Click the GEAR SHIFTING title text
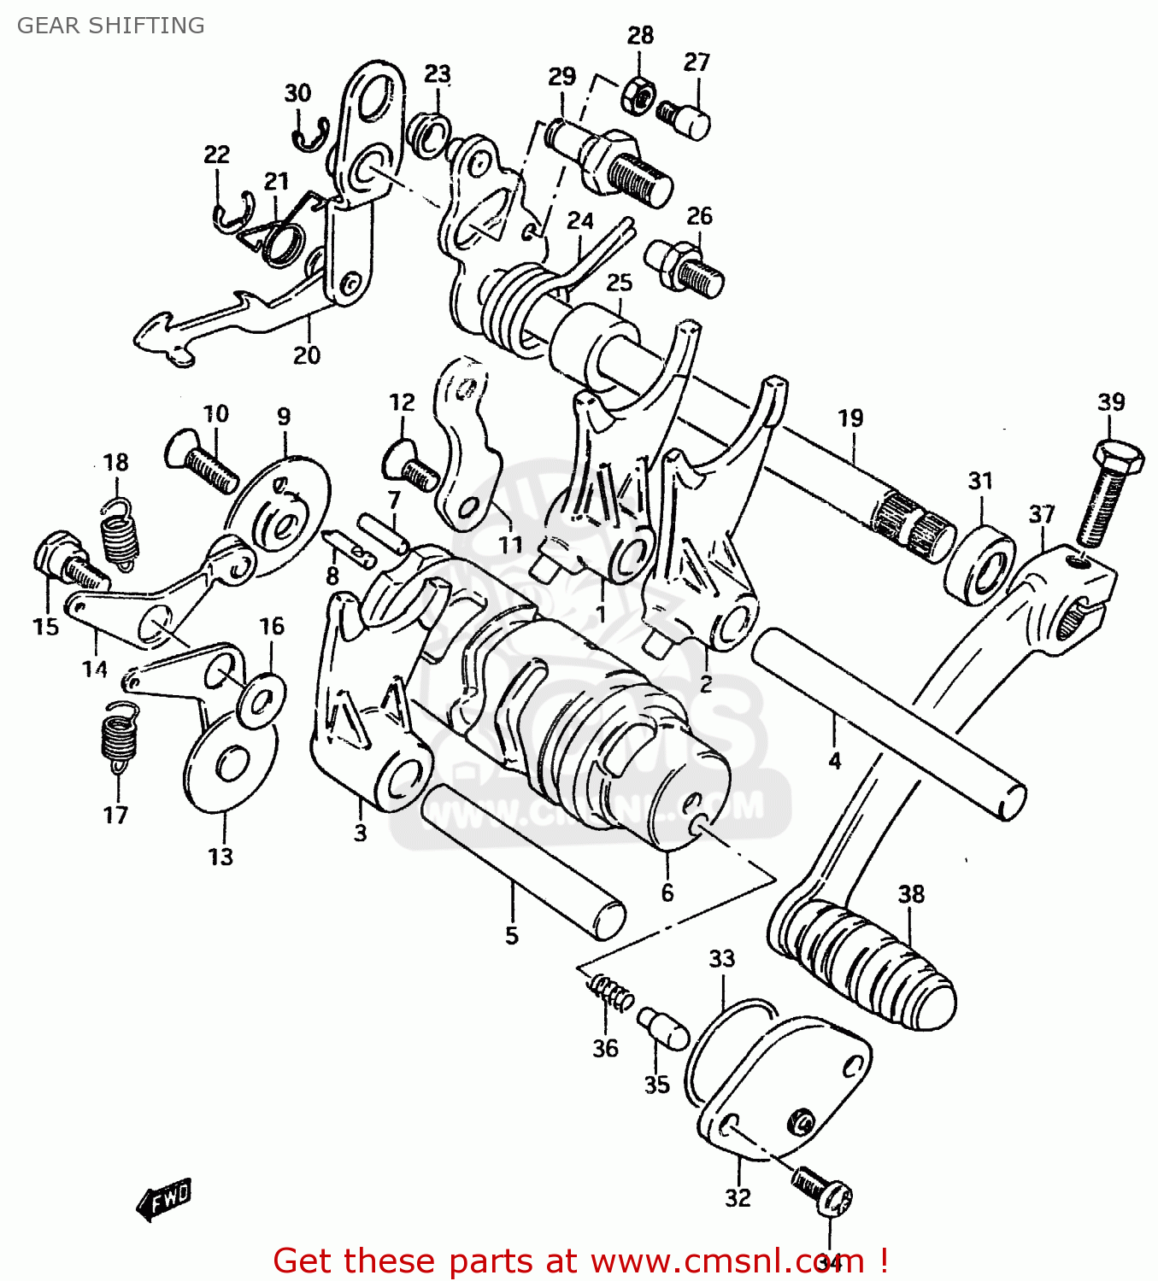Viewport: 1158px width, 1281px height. coord(110,26)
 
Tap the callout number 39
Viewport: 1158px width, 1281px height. coord(1111,401)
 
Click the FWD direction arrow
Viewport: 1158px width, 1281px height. coord(164,1199)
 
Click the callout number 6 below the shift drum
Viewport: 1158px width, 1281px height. coord(667,893)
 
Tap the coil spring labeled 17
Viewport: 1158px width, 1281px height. coord(119,735)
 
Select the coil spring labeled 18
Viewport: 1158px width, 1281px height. coord(120,535)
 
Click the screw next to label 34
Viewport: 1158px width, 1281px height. coord(822,1191)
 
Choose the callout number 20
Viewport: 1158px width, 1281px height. coord(307,355)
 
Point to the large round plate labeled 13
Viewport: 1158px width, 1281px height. coord(229,764)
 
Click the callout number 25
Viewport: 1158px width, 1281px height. coord(619,283)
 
